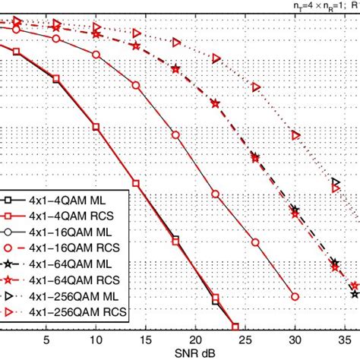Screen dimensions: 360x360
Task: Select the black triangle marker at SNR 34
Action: tap(335, 182)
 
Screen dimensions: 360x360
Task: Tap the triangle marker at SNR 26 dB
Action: tap(255, 87)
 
